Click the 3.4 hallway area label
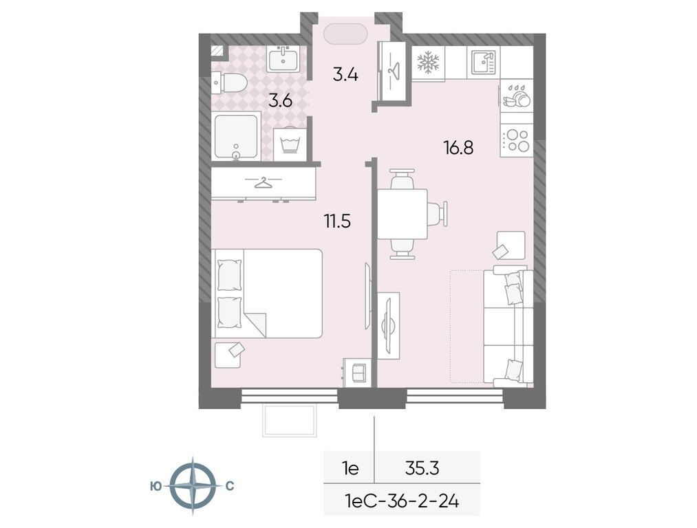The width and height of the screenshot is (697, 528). click(345, 75)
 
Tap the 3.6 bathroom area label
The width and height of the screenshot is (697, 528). click(280, 101)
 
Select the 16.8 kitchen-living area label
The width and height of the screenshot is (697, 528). click(458, 147)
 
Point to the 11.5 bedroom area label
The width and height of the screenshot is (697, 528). click(337, 220)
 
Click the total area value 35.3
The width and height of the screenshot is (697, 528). click(422, 467)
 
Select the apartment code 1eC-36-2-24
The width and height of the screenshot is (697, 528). click(402, 501)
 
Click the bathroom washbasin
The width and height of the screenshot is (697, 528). click(283, 59)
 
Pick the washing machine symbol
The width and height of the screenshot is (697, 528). click(290, 144)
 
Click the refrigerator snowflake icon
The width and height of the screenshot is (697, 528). click(428, 62)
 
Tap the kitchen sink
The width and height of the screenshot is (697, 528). click(484, 62)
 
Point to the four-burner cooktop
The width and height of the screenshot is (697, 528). click(517, 140)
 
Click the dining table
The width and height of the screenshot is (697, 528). click(403, 214)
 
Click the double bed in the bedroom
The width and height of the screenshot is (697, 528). click(268, 294)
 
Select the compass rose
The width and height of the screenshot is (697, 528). click(193, 486)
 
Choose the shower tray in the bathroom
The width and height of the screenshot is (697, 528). click(236, 137)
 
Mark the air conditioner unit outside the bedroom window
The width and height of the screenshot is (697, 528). click(290, 420)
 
